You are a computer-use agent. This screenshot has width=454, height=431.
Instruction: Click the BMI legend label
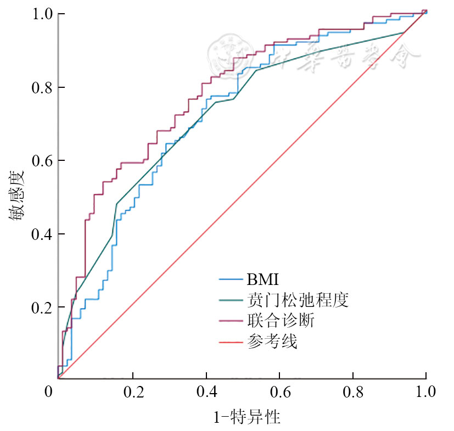(263, 280)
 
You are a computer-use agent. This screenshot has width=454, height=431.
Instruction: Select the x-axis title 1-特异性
(246, 417)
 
